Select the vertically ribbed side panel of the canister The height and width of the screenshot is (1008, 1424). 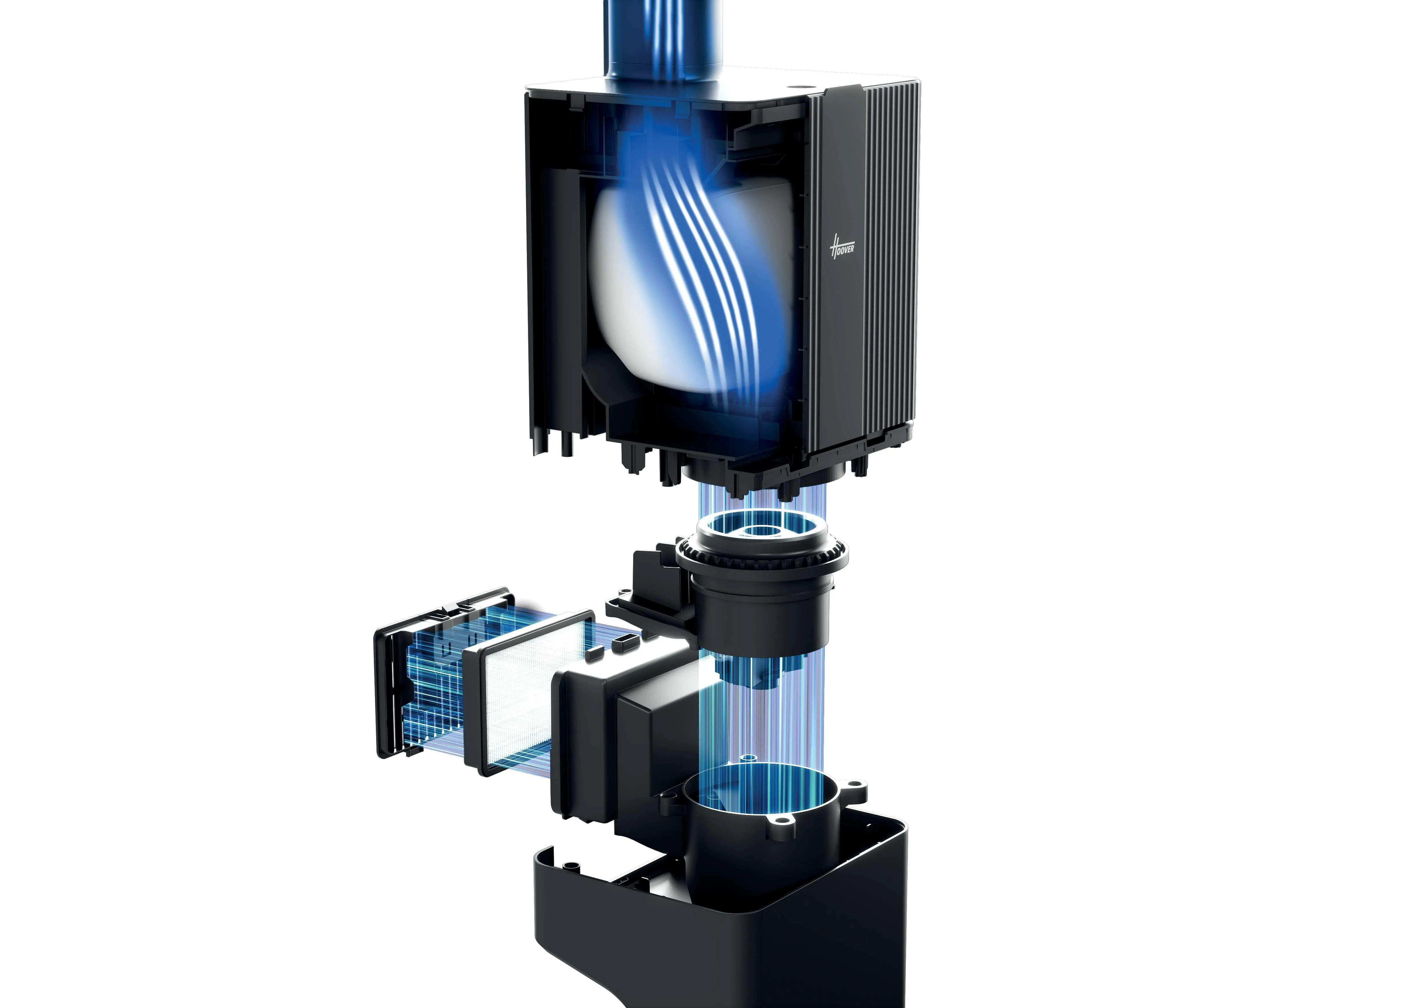pos(869,261)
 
